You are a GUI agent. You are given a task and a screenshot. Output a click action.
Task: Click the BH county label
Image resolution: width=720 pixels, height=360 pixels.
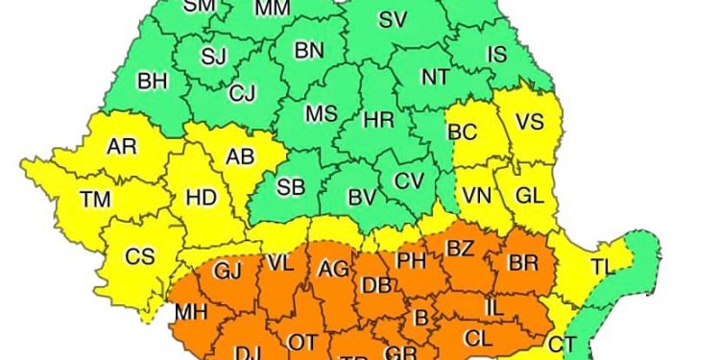point(153,82)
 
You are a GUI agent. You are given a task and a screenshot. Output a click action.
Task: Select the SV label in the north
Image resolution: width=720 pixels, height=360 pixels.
point(392,19)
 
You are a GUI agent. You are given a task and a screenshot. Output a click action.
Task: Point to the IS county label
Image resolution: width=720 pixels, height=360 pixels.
point(495,55)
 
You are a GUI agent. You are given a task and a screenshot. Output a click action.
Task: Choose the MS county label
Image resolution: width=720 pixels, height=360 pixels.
point(321,113)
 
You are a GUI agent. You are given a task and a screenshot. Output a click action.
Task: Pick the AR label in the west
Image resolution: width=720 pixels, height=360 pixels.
point(122,147)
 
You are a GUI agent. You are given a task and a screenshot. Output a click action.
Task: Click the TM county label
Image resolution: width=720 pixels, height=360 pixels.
point(94,200)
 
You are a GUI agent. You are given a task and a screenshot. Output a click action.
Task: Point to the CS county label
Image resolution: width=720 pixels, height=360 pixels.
point(139,257)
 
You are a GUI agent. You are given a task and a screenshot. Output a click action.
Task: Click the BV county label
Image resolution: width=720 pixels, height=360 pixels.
point(361,198)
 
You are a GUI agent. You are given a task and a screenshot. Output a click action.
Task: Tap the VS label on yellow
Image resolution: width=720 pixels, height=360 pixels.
point(529,122)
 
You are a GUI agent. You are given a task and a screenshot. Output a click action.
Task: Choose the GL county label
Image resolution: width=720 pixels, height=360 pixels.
point(529,195)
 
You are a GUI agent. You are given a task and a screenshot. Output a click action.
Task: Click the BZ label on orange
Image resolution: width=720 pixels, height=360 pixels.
point(461,249)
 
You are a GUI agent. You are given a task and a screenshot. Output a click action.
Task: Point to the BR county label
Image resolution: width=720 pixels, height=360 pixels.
point(522,262)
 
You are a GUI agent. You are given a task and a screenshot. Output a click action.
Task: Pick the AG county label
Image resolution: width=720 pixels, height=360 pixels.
point(333,268)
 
